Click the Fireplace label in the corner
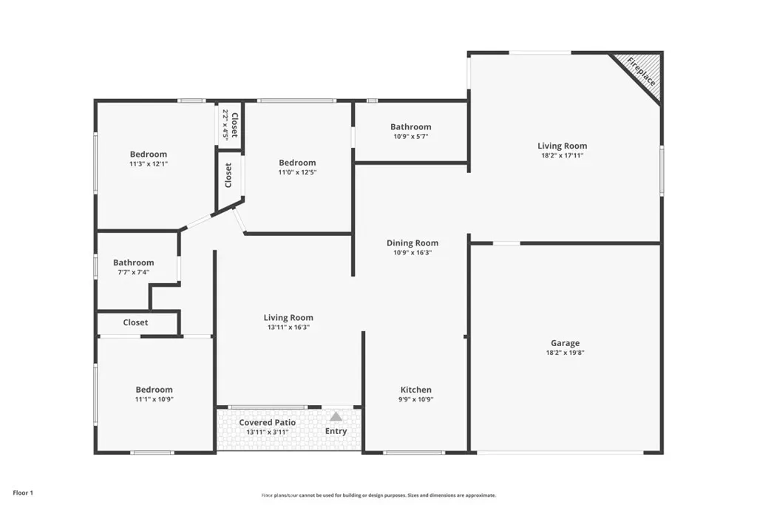(x=642, y=72)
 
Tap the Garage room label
(x=565, y=343)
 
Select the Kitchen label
(x=415, y=390)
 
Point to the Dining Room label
(x=413, y=243)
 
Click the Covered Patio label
(x=268, y=422)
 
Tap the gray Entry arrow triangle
(x=336, y=416)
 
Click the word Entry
(x=336, y=431)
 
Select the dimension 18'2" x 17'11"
(x=562, y=155)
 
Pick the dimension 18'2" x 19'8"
(x=565, y=353)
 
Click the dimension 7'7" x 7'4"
(x=133, y=272)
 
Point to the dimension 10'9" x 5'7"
(x=411, y=136)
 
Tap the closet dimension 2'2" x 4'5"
(x=225, y=124)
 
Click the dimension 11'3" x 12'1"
(x=148, y=163)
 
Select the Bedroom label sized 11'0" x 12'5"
(x=297, y=163)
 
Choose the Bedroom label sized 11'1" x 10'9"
(x=154, y=390)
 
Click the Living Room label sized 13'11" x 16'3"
(x=288, y=318)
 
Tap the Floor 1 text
(x=23, y=493)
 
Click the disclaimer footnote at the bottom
(x=378, y=495)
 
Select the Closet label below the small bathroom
(x=135, y=322)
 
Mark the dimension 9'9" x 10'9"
(x=415, y=399)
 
